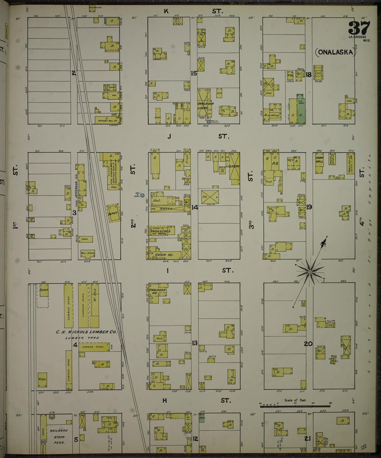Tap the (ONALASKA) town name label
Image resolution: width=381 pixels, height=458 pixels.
335,52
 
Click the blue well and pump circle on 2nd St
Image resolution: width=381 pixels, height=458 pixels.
142,196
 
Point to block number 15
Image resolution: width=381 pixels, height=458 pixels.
194,74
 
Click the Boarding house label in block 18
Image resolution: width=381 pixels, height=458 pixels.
272,115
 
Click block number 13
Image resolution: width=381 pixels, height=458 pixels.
195,343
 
